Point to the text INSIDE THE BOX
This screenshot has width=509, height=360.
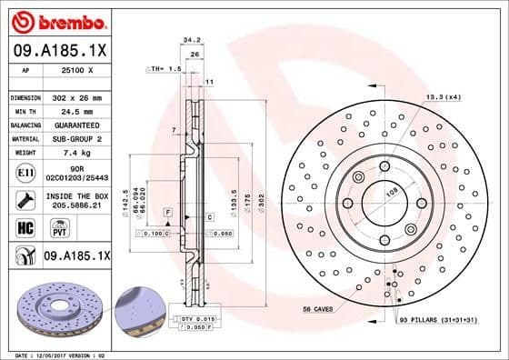coord(77,196)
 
